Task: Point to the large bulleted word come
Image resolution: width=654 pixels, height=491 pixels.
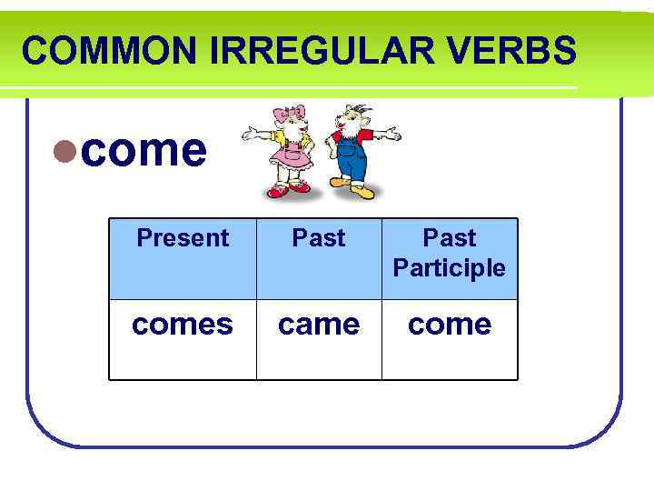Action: tap(144, 151)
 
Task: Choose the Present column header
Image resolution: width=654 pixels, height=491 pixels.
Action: tap(183, 238)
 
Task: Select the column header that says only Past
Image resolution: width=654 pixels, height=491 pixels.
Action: tap(319, 238)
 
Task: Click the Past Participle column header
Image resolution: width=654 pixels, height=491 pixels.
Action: tap(450, 253)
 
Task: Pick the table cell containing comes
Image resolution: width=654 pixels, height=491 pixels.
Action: tap(183, 326)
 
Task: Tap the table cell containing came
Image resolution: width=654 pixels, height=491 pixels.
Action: tap(319, 326)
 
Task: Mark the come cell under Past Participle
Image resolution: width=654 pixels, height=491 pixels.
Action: tap(450, 326)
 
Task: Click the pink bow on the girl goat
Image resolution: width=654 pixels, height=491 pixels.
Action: tap(296, 113)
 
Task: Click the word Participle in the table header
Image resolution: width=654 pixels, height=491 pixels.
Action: tap(450, 268)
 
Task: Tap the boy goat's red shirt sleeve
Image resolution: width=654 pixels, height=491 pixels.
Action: tap(368, 136)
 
